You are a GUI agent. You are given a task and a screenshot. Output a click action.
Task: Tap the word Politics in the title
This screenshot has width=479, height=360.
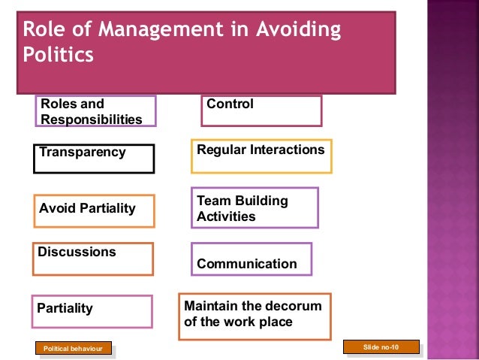tap(59, 56)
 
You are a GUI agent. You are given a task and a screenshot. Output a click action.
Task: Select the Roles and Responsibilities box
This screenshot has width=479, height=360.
tap(95, 111)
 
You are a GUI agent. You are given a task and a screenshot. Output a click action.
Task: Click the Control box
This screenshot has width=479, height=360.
tap(261, 110)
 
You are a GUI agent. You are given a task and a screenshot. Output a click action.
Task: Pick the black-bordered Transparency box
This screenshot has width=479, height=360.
tap(94, 159)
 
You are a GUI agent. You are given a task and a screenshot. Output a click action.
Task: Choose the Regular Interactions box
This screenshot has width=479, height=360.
tap(261, 156)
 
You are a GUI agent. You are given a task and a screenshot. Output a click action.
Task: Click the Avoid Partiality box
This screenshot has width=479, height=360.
tap(94, 211)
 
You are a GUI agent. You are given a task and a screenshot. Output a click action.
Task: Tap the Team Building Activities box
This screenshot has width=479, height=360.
tap(255, 207)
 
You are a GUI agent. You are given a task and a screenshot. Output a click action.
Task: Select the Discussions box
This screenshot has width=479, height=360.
tap(92, 259)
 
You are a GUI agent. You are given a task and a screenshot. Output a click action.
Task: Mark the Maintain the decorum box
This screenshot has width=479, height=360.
tap(255, 316)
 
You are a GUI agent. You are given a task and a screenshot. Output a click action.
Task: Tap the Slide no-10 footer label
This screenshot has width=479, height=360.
tap(381, 346)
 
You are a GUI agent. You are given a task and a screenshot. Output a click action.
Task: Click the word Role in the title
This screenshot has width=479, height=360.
tap(44, 31)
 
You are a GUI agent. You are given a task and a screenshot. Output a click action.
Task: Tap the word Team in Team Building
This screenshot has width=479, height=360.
tap(213, 201)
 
